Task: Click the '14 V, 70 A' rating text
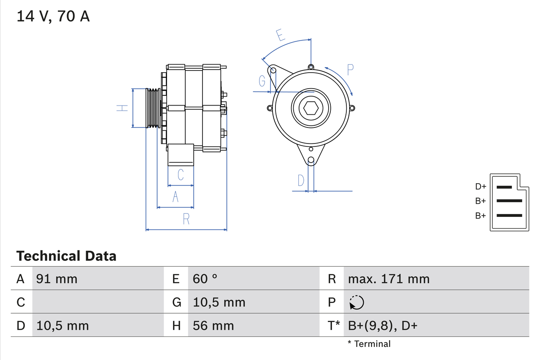[53, 16]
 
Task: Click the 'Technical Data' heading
[66, 256]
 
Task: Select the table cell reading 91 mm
[57, 279]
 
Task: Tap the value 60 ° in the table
[205, 279]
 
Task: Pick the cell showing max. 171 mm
[389, 279]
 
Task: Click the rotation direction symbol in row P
[356, 302]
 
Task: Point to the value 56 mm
[213, 325]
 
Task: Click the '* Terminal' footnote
[369, 344]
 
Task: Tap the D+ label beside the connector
[481, 187]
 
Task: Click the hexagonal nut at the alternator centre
[311, 108]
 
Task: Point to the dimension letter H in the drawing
[122, 108]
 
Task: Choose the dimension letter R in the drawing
[186, 219]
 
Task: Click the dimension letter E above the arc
[281, 35]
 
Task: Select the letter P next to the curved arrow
[350, 69]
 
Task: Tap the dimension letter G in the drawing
[262, 80]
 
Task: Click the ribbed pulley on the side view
[153, 108]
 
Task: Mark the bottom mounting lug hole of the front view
[311, 160]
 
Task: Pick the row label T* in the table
[334, 325]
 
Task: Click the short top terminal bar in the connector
[504, 187]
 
